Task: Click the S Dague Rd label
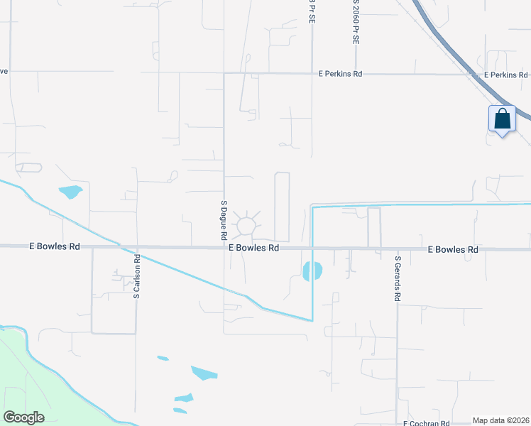click(223, 219)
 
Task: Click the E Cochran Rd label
click(426, 423)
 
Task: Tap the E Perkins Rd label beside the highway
click(505, 75)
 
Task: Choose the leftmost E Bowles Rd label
click(54, 246)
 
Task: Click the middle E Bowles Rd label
click(253, 248)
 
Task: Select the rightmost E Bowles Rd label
click(453, 250)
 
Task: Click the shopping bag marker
click(502, 119)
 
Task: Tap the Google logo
click(23, 417)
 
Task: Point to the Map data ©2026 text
click(500, 420)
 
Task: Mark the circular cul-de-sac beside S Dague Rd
click(246, 226)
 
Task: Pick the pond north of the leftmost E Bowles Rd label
click(71, 192)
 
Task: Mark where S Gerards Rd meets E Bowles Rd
click(397, 250)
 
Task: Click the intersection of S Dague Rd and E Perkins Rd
click(224, 72)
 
